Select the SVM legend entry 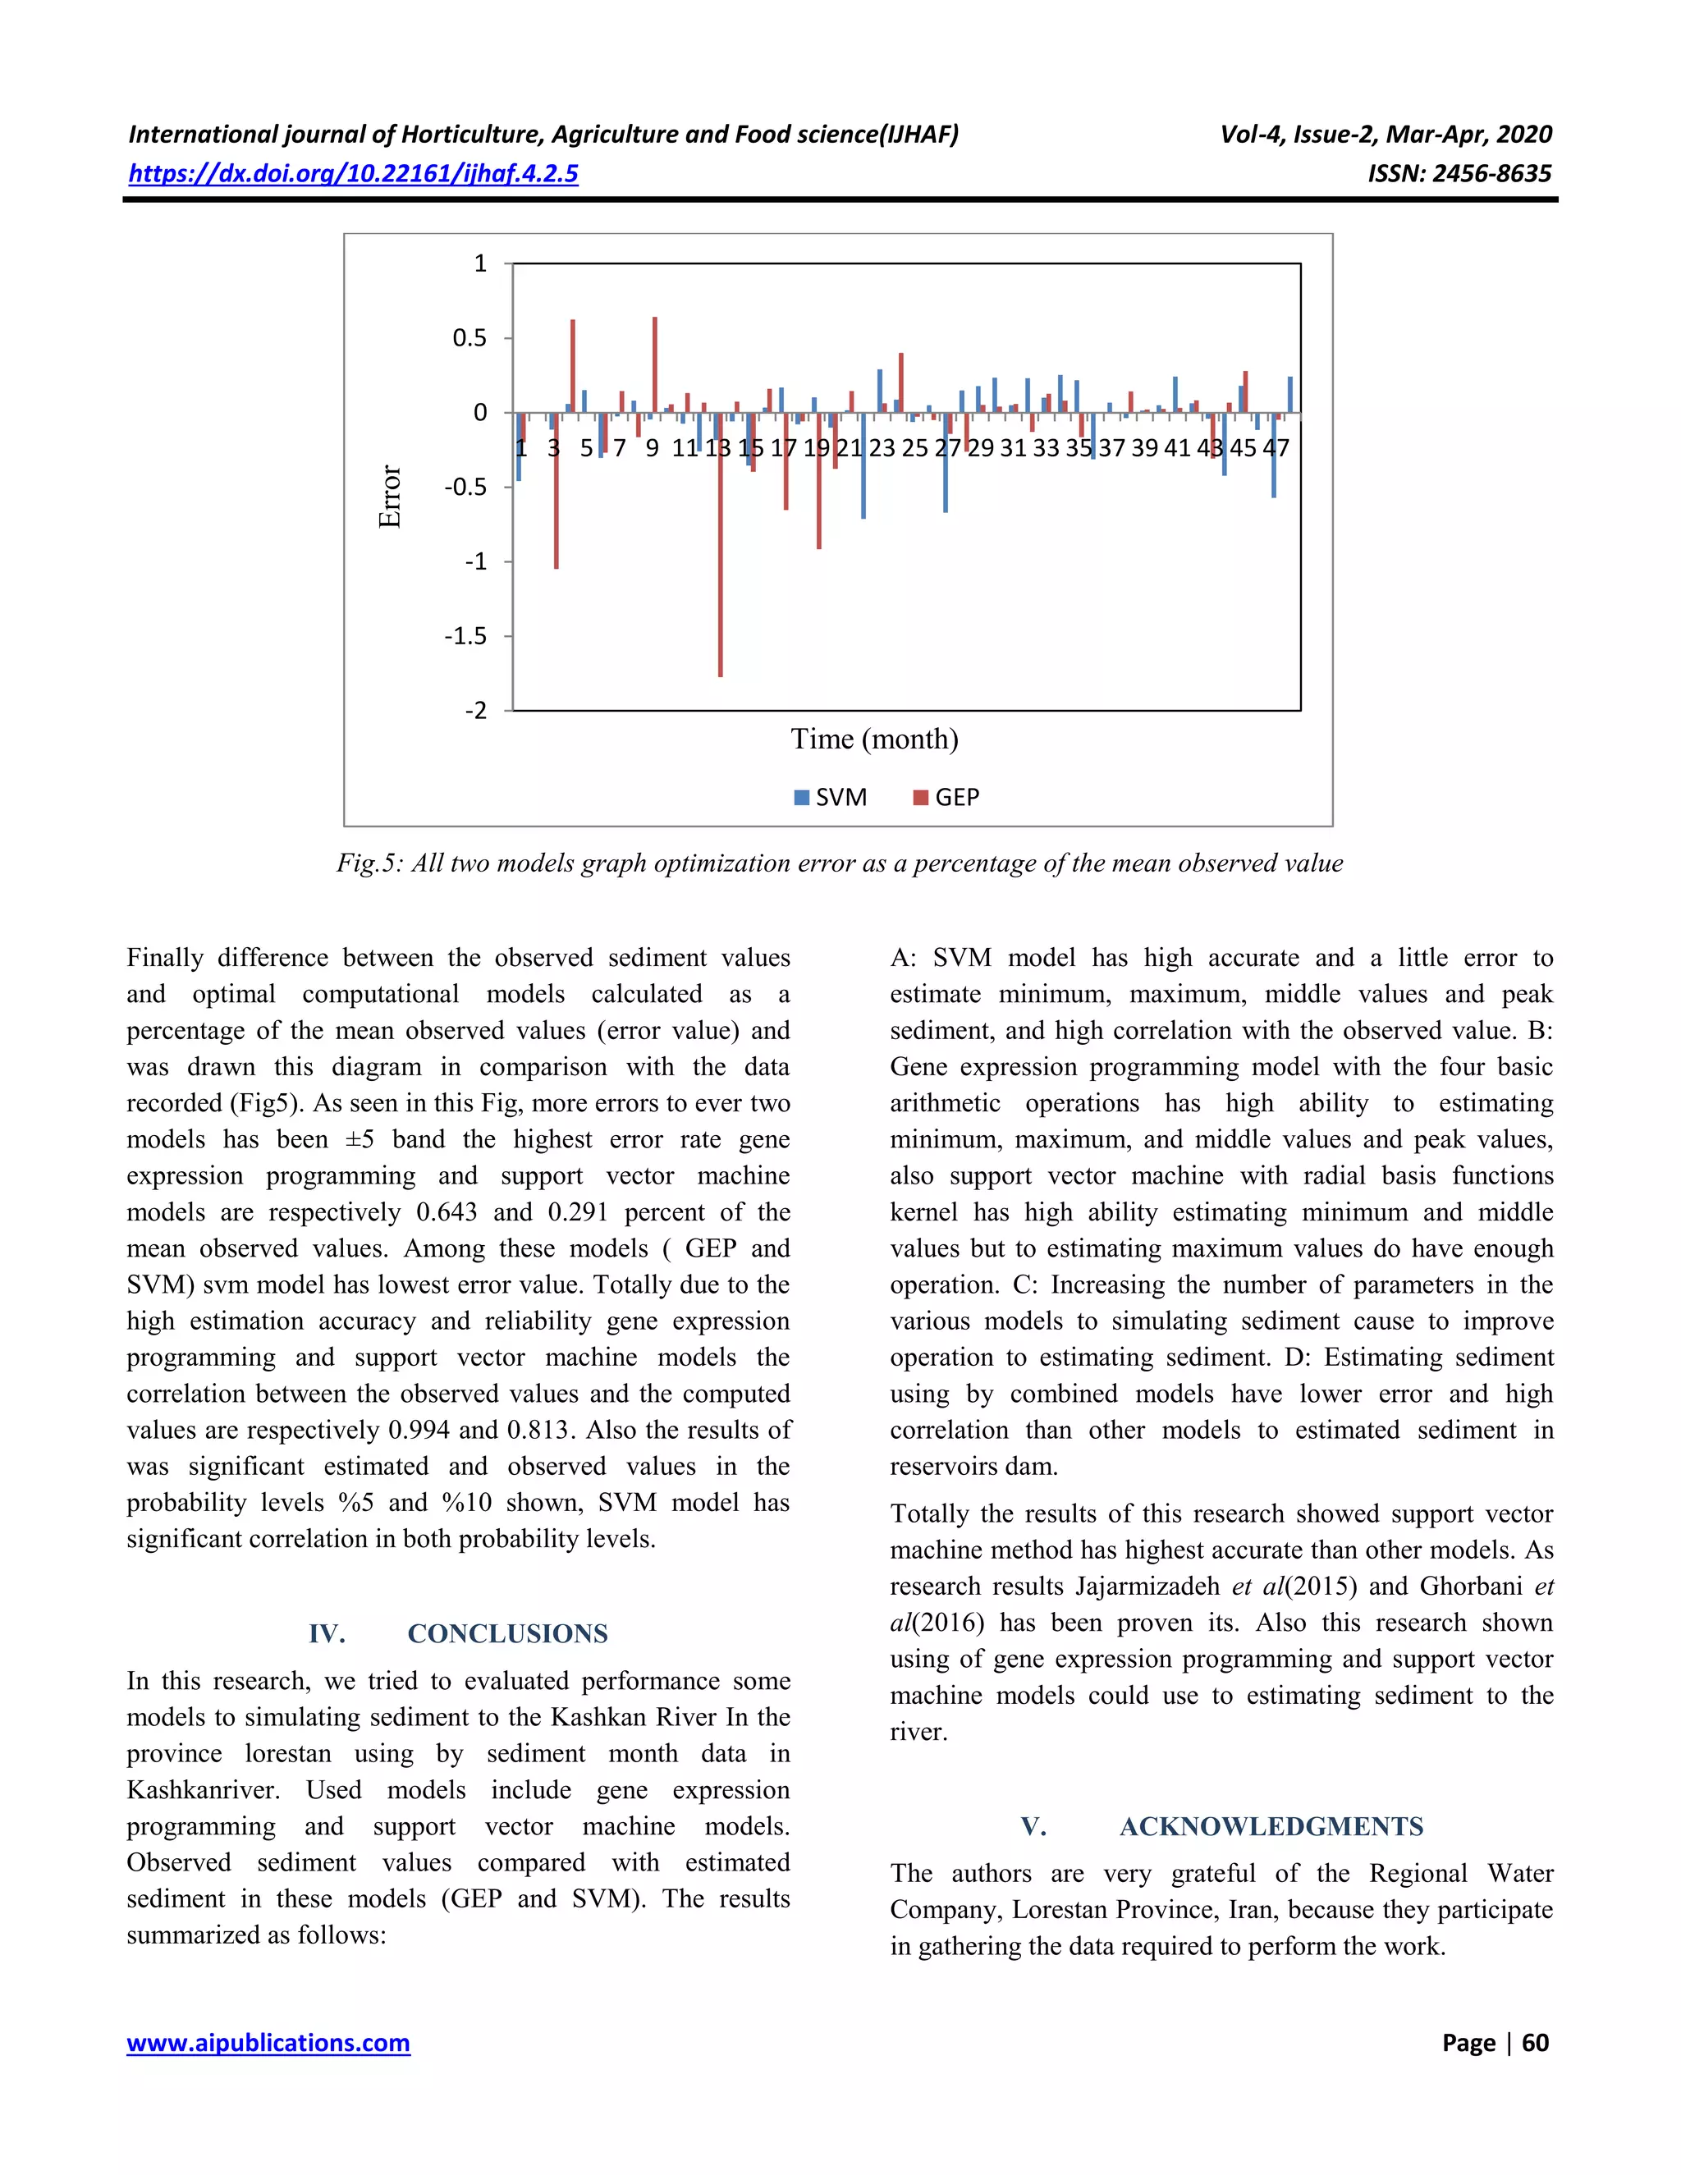(x=831, y=797)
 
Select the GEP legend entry (x=946, y=797)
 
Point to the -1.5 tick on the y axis (x=465, y=636)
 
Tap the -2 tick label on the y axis (x=476, y=711)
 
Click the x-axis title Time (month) (x=874, y=739)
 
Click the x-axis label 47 (x=1276, y=448)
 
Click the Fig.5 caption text (x=839, y=863)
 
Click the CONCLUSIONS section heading (x=507, y=1633)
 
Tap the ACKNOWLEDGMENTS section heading (x=1271, y=1826)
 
